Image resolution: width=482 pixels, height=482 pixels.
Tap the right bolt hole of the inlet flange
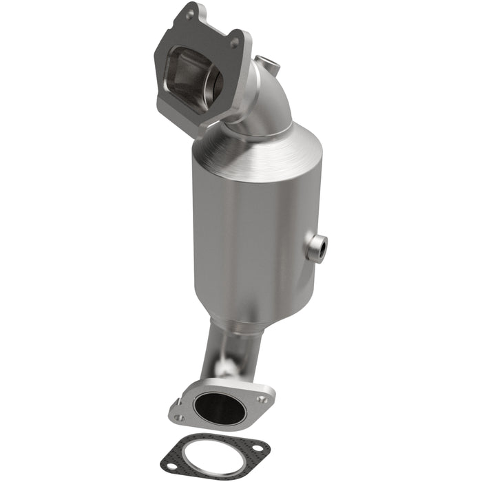[235, 43]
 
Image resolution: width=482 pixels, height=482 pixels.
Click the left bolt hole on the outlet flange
[178, 416]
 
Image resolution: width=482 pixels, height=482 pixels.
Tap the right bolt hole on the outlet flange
[261, 398]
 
